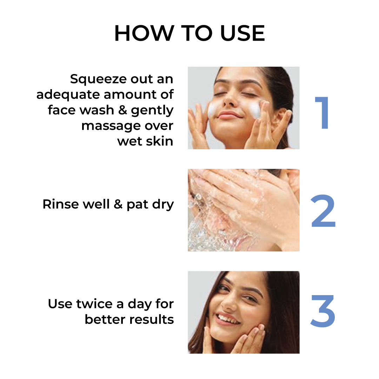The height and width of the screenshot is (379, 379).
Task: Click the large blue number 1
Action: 322,113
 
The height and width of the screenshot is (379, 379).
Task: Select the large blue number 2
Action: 323,211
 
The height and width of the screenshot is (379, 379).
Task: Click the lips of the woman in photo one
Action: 230,115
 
